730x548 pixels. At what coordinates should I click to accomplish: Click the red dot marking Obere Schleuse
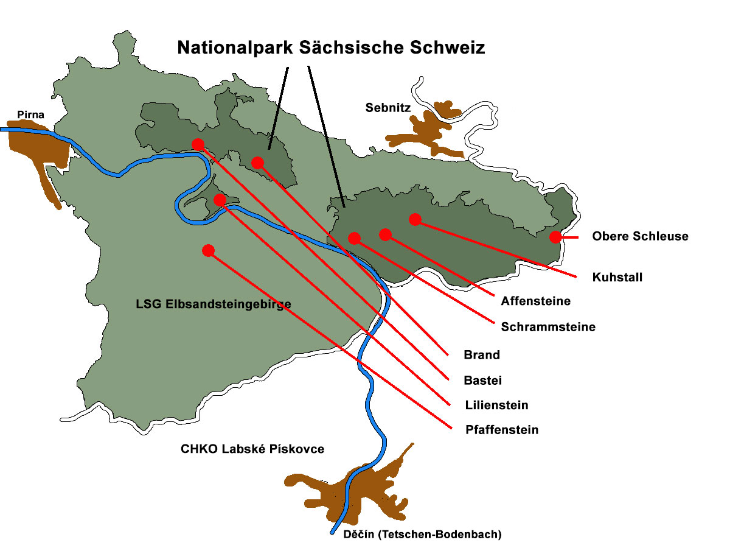coord(555,237)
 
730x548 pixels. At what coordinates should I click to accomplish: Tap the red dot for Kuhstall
coord(415,219)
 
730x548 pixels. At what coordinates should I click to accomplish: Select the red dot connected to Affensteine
coord(384,234)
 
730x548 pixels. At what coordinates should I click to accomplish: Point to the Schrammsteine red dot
coord(354,238)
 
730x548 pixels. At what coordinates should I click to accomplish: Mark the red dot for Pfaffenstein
coord(208,250)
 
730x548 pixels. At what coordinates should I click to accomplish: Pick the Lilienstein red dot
coord(220,200)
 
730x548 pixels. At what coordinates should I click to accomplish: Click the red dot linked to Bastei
coord(198,144)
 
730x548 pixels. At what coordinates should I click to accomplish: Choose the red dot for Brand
coord(257,163)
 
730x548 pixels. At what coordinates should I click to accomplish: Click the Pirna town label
coord(30,114)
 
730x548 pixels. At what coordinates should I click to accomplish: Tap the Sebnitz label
coord(388,108)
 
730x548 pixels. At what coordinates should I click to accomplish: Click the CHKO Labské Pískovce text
coord(252,449)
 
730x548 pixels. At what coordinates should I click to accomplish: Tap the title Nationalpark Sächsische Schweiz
coord(331,48)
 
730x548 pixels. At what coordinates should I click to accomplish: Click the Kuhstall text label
coord(617,278)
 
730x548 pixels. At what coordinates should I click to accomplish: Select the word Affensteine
coord(535,301)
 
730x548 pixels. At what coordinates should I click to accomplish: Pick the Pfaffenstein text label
coord(501,430)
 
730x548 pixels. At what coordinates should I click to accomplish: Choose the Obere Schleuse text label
coord(640,236)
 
